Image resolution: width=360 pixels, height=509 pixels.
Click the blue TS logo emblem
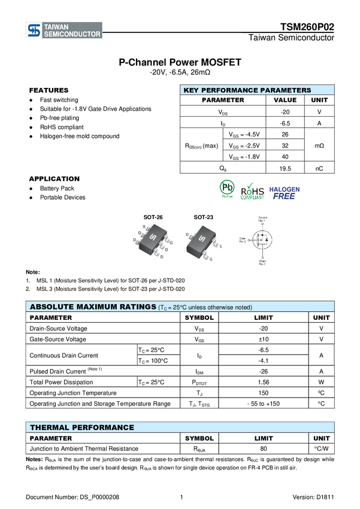34,31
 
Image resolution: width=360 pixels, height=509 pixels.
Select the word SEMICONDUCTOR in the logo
72,35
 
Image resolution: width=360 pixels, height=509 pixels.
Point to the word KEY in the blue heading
190,90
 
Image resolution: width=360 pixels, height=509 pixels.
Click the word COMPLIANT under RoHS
252,198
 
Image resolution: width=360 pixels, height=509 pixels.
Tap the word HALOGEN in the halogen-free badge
284,189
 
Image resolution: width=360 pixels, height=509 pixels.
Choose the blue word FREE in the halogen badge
284,196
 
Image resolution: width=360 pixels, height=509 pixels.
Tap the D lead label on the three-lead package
188,235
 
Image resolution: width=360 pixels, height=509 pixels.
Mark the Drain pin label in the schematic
262,263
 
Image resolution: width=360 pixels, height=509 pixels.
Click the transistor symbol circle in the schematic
262,241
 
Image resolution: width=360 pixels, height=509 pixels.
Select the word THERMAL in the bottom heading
50,428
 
